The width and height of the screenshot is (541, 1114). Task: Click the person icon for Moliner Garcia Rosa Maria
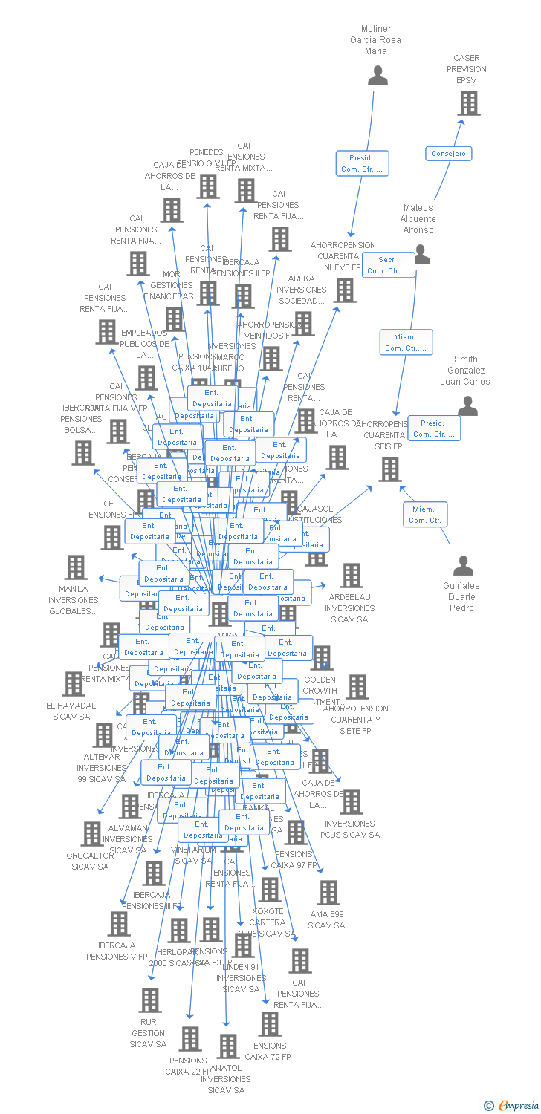click(x=378, y=76)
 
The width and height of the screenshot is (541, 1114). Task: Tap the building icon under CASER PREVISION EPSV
click(x=468, y=103)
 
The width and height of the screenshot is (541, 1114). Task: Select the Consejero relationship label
click(x=449, y=154)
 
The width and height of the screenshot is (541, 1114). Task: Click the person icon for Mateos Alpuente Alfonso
click(x=421, y=255)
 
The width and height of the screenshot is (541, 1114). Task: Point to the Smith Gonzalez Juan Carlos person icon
click(x=467, y=405)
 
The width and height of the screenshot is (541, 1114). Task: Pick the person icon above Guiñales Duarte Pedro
click(x=463, y=565)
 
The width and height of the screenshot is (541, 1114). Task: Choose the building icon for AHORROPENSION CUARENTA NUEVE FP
click(x=345, y=290)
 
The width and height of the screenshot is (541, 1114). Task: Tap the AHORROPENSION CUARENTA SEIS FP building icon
click(x=390, y=469)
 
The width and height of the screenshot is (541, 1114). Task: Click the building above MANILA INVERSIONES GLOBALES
click(x=76, y=567)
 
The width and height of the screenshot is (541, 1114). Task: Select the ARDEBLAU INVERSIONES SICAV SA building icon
click(x=351, y=576)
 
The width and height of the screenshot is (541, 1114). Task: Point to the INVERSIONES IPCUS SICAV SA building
click(x=351, y=802)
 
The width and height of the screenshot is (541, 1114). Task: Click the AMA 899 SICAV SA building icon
click(x=328, y=893)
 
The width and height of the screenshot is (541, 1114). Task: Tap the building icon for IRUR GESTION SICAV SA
click(x=149, y=1000)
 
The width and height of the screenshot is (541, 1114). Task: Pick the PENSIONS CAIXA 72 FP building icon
click(x=269, y=1024)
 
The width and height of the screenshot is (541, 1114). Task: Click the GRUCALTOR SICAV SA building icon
click(x=91, y=834)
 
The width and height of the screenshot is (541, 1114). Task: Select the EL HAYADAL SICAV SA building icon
click(x=73, y=684)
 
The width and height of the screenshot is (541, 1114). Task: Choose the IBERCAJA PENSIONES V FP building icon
click(x=118, y=924)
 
